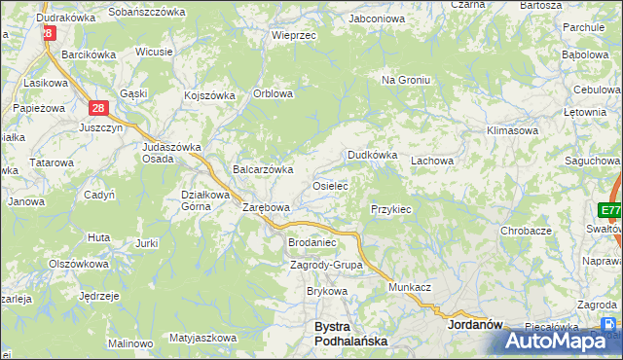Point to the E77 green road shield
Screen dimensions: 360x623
pos(610,211)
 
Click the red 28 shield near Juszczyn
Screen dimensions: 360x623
pos(98,109)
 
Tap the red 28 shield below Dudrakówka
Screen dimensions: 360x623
pos(48,33)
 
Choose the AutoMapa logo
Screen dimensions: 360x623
pos(561,341)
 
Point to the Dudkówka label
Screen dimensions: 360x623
pos(373,155)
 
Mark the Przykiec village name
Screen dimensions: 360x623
pos(391,209)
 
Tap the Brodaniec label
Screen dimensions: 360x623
pos(311,242)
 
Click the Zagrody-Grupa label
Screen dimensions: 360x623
pos(326,265)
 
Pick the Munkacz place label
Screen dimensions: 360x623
pos(410,288)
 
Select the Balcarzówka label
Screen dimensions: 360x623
pos(262,169)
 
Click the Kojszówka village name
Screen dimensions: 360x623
pos(210,95)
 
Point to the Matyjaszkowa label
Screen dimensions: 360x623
pos(202,338)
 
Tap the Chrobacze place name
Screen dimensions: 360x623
pos(526,231)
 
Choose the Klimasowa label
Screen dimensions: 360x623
pos(513,129)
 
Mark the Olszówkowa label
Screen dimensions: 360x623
pos(78,264)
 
